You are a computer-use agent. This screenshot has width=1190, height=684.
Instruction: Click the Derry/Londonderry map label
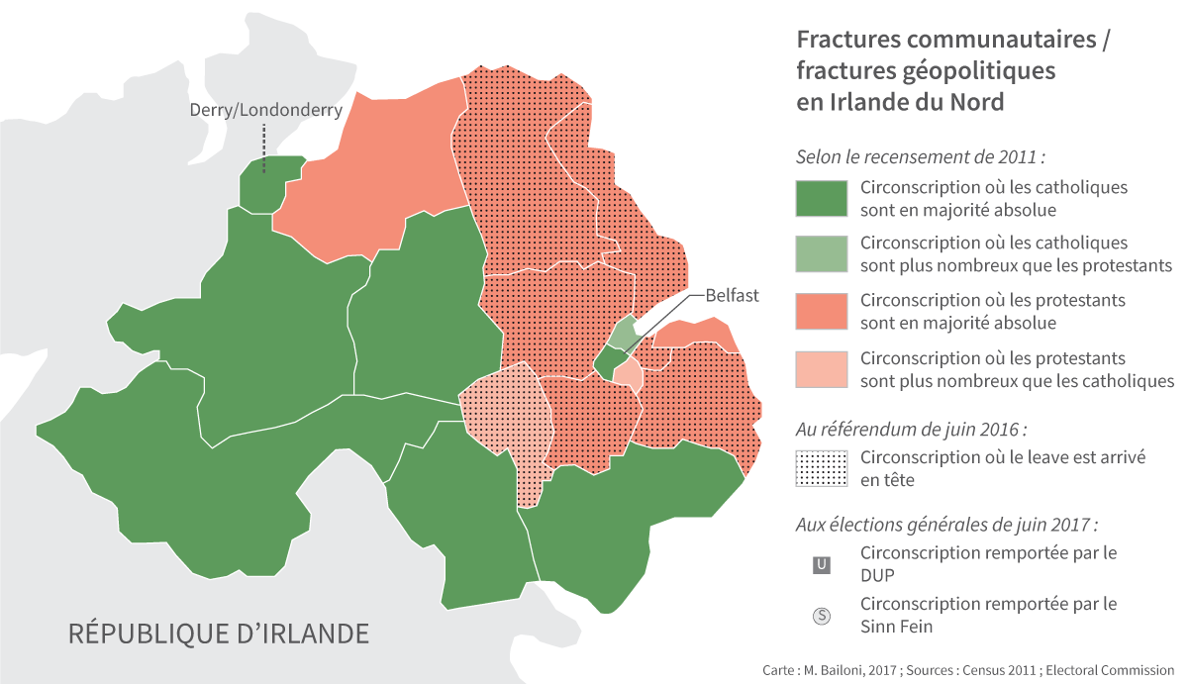click(x=265, y=110)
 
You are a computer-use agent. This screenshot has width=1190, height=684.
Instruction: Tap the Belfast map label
click(x=732, y=295)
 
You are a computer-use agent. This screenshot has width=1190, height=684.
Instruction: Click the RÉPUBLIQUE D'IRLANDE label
click(x=218, y=634)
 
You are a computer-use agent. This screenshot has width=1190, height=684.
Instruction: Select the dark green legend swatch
click(x=821, y=198)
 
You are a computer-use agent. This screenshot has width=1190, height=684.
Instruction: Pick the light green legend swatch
click(x=821, y=254)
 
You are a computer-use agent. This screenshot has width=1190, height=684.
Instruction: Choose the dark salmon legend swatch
click(x=821, y=311)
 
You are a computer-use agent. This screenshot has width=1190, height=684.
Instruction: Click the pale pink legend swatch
click(x=821, y=368)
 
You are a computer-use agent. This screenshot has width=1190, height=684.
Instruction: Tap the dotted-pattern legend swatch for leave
click(x=821, y=468)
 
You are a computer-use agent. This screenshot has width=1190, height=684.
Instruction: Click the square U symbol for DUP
click(x=821, y=565)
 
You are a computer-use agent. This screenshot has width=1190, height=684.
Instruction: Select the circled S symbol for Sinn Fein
click(x=821, y=616)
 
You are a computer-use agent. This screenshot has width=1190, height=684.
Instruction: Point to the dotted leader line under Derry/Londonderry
click(x=264, y=148)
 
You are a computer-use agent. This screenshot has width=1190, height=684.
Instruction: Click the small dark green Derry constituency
click(x=269, y=183)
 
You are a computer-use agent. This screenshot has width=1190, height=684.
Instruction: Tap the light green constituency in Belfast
click(x=622, y=334)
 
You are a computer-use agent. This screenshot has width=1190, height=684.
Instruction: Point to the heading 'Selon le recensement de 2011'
click(x=921, y=157)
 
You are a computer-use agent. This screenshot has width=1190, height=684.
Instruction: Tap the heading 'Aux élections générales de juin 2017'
click(x=946, y=525)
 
